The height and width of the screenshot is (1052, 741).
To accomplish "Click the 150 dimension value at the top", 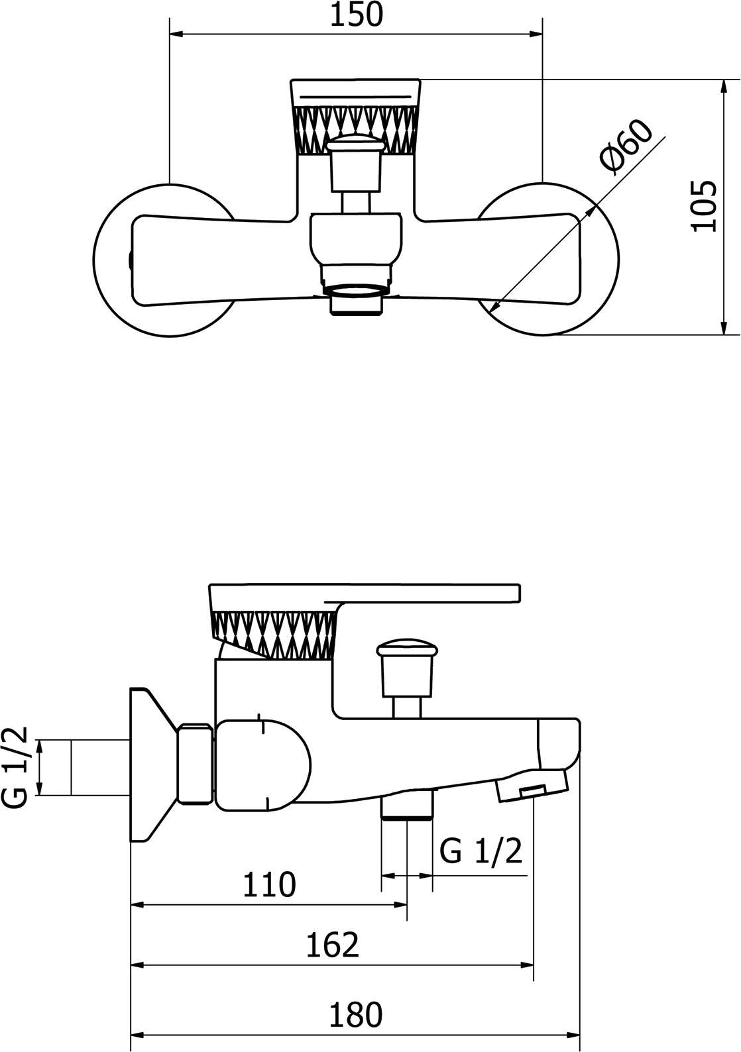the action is click(357, 15).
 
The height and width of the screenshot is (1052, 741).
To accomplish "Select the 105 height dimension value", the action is click(705, 206).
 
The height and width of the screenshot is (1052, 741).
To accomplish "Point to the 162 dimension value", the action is click(332, 945).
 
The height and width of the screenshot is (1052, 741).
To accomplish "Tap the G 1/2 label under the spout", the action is click(481, 851).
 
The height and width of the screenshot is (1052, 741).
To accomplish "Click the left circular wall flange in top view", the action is click(164, 259).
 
